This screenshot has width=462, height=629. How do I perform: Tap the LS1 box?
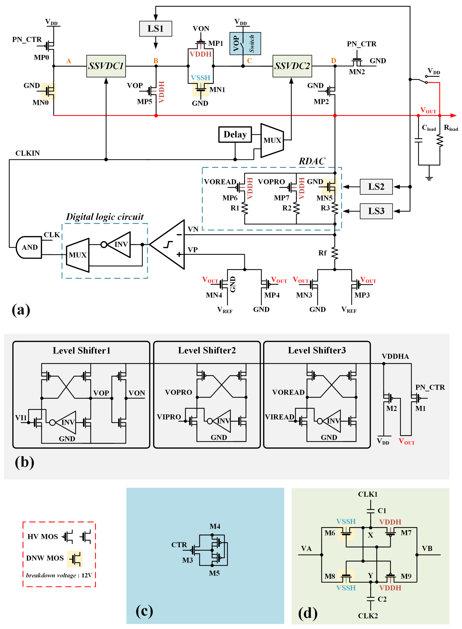click(x=155, y=29)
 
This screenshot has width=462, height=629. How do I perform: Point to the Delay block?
click(x=235, y=135)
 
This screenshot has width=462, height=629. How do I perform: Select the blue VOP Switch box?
click(x=245, y=44)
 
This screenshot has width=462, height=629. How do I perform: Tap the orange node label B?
click(x=156, y=61)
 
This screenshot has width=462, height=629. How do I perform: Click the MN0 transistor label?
click(x=41, y=103)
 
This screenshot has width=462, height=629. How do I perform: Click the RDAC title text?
click(x=312, y=161)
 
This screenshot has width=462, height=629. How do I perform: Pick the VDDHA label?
click(x=395, y=356)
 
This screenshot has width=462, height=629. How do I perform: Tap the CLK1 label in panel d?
click(x=368, y=494)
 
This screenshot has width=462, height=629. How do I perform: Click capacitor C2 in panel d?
click(x=370, y=599)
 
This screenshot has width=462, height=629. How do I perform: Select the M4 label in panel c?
click(x=215, y=526)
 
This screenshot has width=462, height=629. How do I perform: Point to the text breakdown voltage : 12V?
click(x=59, y=575)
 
